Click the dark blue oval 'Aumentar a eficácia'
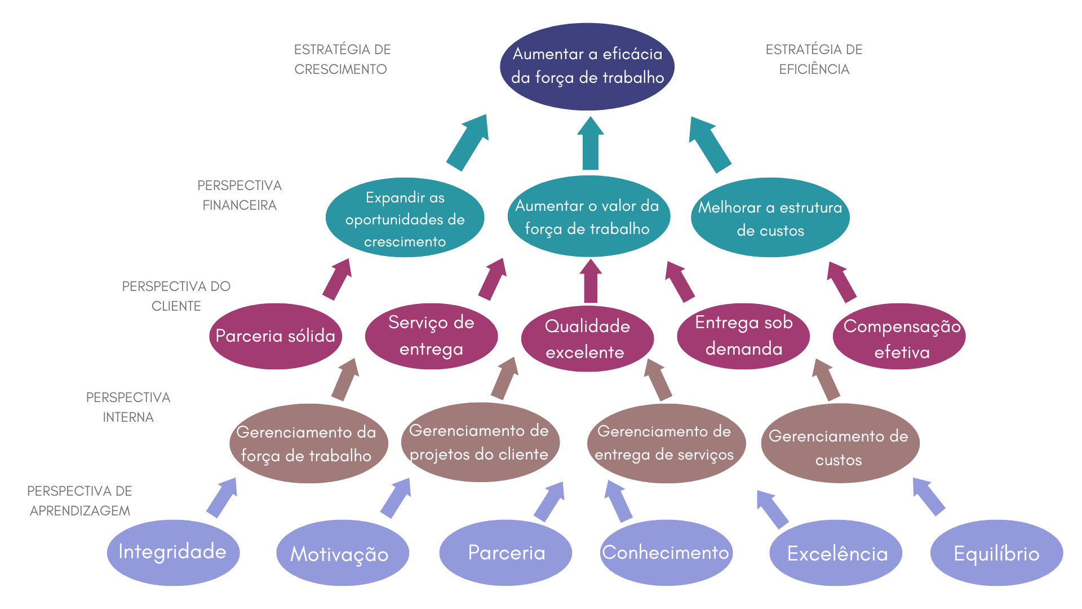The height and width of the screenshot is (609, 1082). tap(587, 67)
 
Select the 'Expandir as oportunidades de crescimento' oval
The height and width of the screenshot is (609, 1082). tap(405, 218)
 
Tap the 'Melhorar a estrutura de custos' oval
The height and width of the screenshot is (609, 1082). tap(770, 218)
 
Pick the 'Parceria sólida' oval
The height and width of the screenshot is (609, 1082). tap(275, 336)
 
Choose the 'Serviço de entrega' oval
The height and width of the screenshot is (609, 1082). tap(431, 336)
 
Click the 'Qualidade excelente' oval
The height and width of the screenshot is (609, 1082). tap(587, 338)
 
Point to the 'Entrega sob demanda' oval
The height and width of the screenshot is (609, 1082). tap(743, 336)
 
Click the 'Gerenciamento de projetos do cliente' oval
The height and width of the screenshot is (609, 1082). tap(480, 443)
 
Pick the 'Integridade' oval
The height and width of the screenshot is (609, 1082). tap(173, 553)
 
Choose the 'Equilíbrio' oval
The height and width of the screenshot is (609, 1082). tap(996, 553)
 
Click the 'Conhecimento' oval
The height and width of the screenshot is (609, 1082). tap(666, 553)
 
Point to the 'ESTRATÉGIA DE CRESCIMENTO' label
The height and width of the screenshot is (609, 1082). tap(342, 59)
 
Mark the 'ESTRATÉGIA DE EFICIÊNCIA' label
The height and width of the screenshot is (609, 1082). tap(814, 59)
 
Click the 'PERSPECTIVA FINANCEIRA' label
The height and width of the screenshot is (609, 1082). tap(240, 195)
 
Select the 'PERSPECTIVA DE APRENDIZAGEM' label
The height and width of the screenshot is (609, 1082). tap(79, 501)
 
